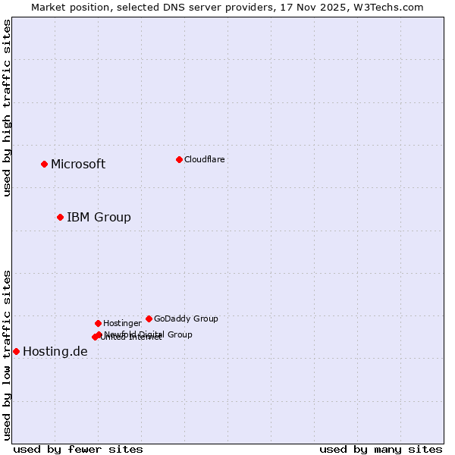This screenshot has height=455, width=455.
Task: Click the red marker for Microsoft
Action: [x=44, y=164]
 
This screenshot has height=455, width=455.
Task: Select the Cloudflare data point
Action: [x=179, y=159]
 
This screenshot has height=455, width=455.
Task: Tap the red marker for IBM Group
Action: [x=60, y=218]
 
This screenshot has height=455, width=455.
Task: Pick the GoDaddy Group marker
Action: [x=149, y=318]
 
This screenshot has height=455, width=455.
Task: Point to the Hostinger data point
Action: [x=98, y=323]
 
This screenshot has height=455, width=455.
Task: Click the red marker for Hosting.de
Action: [x=16, y=351]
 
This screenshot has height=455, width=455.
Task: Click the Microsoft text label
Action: [x=78, y=165]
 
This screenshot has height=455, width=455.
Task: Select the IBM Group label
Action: [x=99, y=218]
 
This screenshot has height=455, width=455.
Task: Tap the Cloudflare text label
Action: [x=204, y=159]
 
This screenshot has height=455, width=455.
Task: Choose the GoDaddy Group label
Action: [x=186, y=318]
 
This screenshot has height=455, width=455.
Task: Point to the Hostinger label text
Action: [x=122, y=323]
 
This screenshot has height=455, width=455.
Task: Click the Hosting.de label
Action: [x=55, y=352]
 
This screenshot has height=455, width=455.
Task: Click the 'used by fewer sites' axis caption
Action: [x=78, y=450]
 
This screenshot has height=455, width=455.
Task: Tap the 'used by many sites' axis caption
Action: [x=381, y=450]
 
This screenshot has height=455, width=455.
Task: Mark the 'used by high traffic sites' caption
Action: [x=7, y=108]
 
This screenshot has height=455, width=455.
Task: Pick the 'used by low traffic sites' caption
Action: [x=7, y=355]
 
